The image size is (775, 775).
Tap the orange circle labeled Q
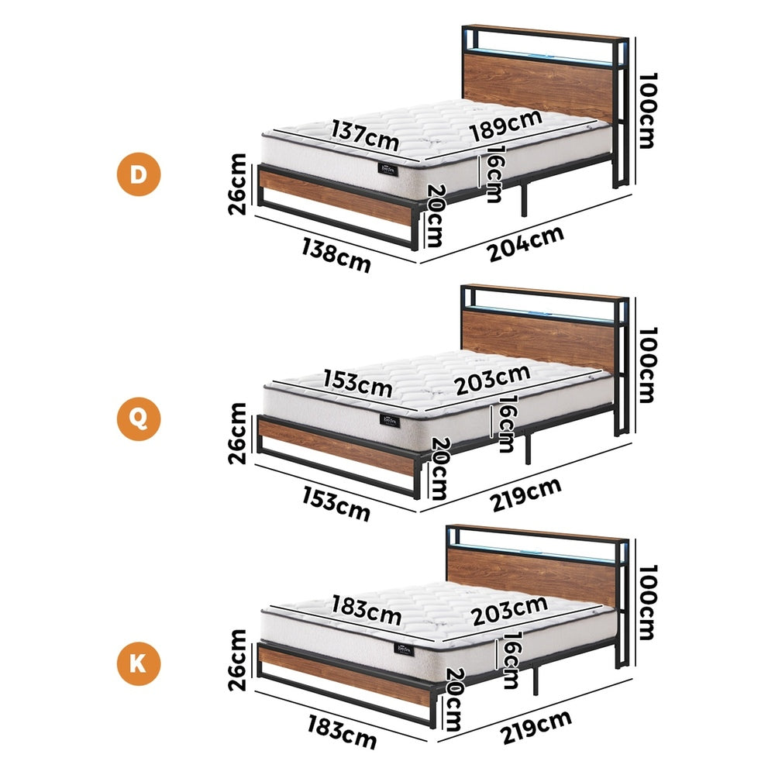[138, 420]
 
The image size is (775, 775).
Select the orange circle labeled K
[138, 664]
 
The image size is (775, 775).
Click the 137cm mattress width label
[365, 136]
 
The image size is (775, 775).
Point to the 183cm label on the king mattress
[366, 610]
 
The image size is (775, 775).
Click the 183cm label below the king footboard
[339, 733]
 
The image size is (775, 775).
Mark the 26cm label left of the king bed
[238, 660]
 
